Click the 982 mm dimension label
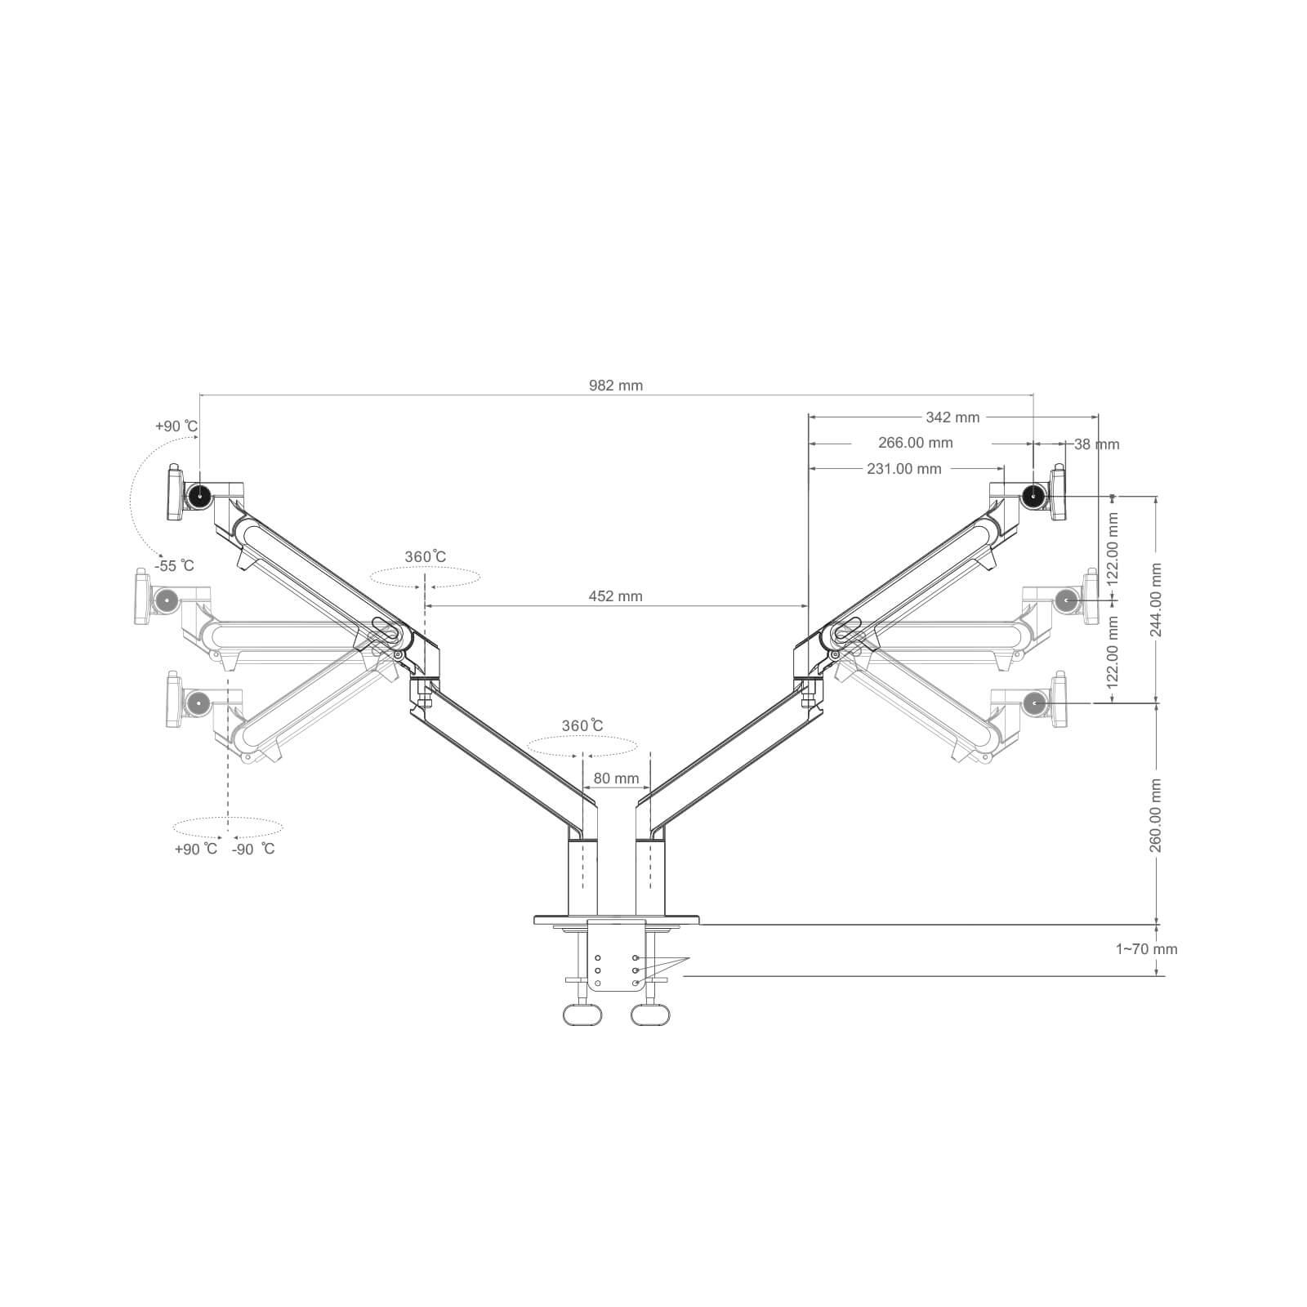(616, 386)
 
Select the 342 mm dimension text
(952, 417)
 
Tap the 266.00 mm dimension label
(916, 443)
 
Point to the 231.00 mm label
(904, 469)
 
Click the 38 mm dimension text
(1096, 444)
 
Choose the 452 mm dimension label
(616, 596)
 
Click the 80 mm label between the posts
(616, 778)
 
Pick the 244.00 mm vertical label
(1155, 600)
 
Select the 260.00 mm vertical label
(1155, 815)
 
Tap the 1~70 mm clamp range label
(1146, 949)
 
